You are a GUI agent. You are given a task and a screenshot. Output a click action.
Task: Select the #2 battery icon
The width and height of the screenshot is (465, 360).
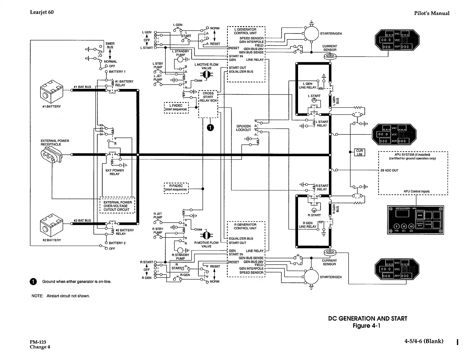51,226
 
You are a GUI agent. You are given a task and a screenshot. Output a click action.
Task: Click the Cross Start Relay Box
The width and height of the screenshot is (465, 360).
208,104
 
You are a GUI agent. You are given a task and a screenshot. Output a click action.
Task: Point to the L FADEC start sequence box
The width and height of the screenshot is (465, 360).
176,107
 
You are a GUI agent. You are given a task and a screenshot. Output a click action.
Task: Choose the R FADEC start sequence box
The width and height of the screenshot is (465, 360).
176,188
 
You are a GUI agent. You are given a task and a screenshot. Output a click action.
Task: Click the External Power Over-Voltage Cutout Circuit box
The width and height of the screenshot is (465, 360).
118,206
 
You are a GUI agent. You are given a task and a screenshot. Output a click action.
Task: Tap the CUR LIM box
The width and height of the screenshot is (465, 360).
359,153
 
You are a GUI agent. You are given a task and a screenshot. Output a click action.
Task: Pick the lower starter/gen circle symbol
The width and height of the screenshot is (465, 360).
312,277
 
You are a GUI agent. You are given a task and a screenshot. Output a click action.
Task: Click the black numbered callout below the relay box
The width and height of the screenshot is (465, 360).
210,127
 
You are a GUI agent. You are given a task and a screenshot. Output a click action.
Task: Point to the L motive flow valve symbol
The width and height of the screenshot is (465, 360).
207,75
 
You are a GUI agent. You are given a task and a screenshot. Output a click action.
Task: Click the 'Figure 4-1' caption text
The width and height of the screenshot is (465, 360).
367,326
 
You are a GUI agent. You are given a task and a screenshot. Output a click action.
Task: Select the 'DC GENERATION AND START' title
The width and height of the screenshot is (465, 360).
367,319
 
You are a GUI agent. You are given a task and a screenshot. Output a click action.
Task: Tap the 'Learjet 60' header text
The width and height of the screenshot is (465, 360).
42,12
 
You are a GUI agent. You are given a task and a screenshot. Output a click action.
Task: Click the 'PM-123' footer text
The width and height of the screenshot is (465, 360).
38,342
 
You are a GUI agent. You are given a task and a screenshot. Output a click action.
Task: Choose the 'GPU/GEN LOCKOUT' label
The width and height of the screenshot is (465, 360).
244,128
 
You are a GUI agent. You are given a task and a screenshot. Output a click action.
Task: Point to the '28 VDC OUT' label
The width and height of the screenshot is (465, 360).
389,170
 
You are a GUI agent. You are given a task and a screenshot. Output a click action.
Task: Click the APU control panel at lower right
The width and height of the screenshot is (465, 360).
416,220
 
